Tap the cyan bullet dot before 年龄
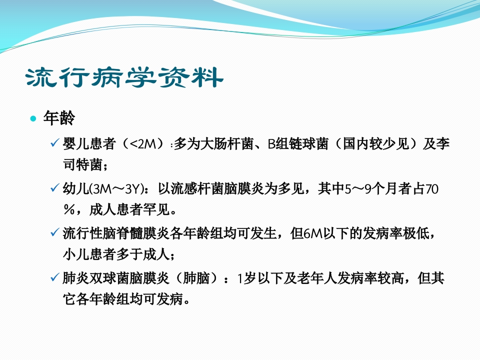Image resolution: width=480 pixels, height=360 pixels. pos(33,118)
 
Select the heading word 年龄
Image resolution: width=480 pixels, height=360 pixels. pos(59,118)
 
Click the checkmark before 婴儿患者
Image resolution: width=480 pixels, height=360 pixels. pos(54,142)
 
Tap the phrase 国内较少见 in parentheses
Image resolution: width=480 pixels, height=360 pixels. pos(375,143)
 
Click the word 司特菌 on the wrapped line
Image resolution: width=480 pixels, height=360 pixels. pos(82,164)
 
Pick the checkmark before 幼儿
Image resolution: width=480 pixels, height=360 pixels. pos(54,187)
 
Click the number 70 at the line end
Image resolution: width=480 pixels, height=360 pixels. pos(431,189)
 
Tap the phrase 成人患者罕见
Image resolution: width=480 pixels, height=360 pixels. pos(130,209)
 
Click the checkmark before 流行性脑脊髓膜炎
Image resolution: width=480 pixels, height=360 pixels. pos(54,232)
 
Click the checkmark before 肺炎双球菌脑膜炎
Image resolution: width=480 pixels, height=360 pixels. pos(54,277)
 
